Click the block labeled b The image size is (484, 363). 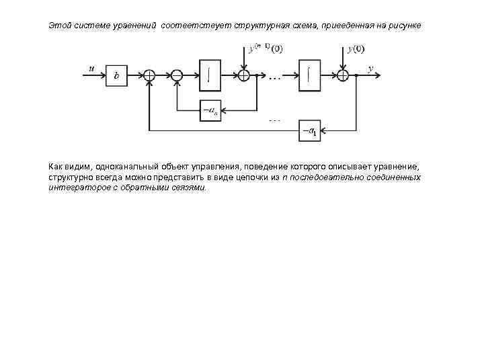click(x=116, y=76)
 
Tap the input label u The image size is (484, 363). click(x=91, y=68)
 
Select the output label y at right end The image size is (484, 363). click(x=370, y=68)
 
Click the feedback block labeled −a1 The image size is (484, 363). click(x=310, y=130)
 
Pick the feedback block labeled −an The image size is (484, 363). click(x=210, y=110)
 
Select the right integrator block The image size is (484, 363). click(x=309, y=73)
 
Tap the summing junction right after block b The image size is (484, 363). click(x=149, y=76)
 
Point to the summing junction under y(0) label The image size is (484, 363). click(x=343, y=76)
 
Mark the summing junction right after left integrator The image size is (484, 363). click(x=244, y=76)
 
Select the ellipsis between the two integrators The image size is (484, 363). click(x=275, y=79)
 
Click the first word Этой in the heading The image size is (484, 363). click(x=58, y=26)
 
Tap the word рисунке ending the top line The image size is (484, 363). click(x=405, y=26)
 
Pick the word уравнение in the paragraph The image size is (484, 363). click(x=399, y=166)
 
